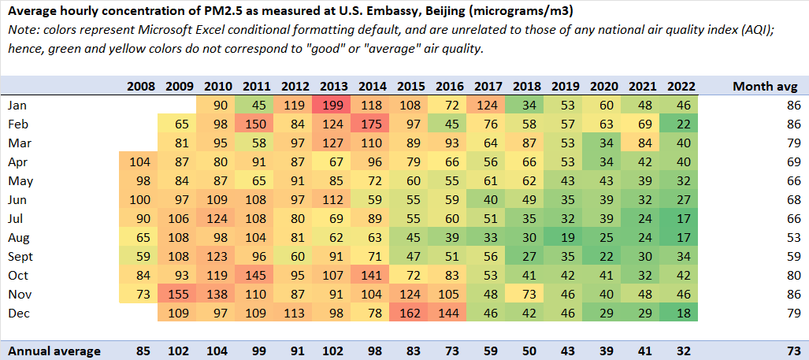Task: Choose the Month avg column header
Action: tap(766, 86)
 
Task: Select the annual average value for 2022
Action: tap(681, 351)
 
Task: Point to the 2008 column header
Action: tap(141, 86)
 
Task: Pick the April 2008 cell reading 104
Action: tap(141, 161)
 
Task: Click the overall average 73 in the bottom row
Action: tap(792, 351)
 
